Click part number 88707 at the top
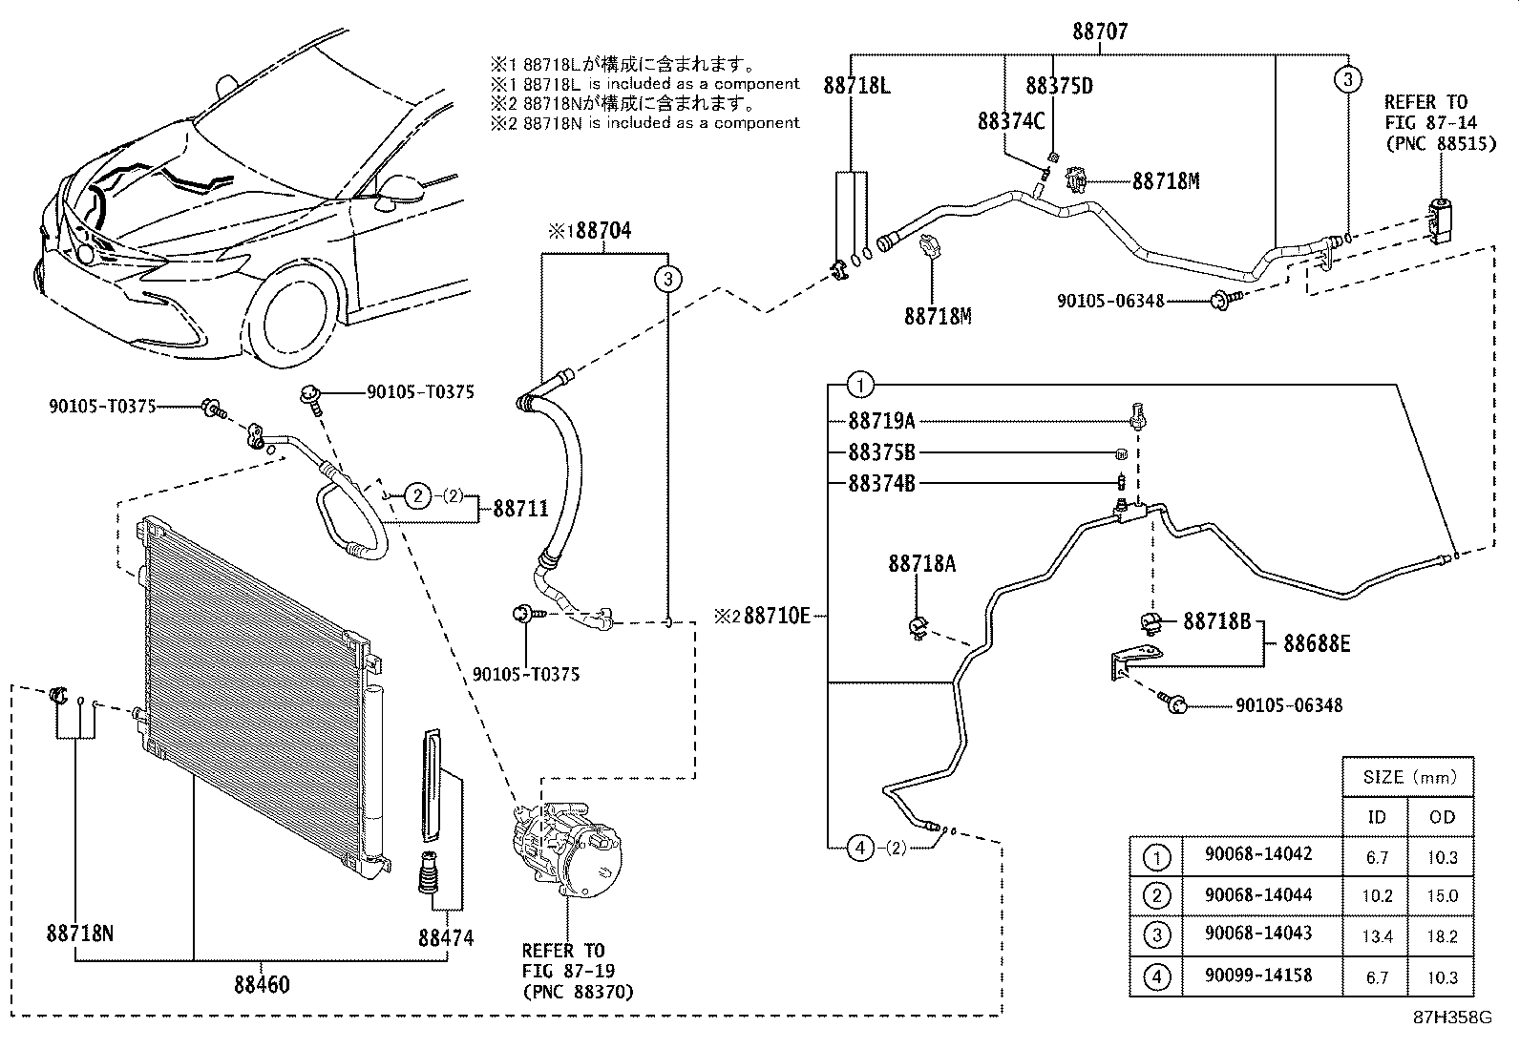[1099, 31]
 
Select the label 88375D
[1059, 86]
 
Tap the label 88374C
[1011, 121]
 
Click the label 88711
[520, 509]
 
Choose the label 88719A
[881, 421]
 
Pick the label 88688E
[1317, 644]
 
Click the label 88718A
[921, 563]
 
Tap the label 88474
[445, 937]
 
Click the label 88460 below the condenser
[262, 983]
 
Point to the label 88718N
[79, 933]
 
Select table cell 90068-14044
[1257, 895]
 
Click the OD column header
[1442, 817]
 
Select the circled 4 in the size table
[1156, 977]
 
